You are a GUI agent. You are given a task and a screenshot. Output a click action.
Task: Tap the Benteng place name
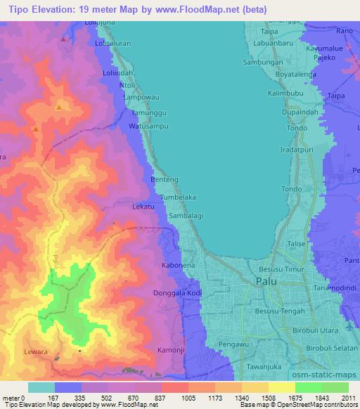[x=164, y=180]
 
